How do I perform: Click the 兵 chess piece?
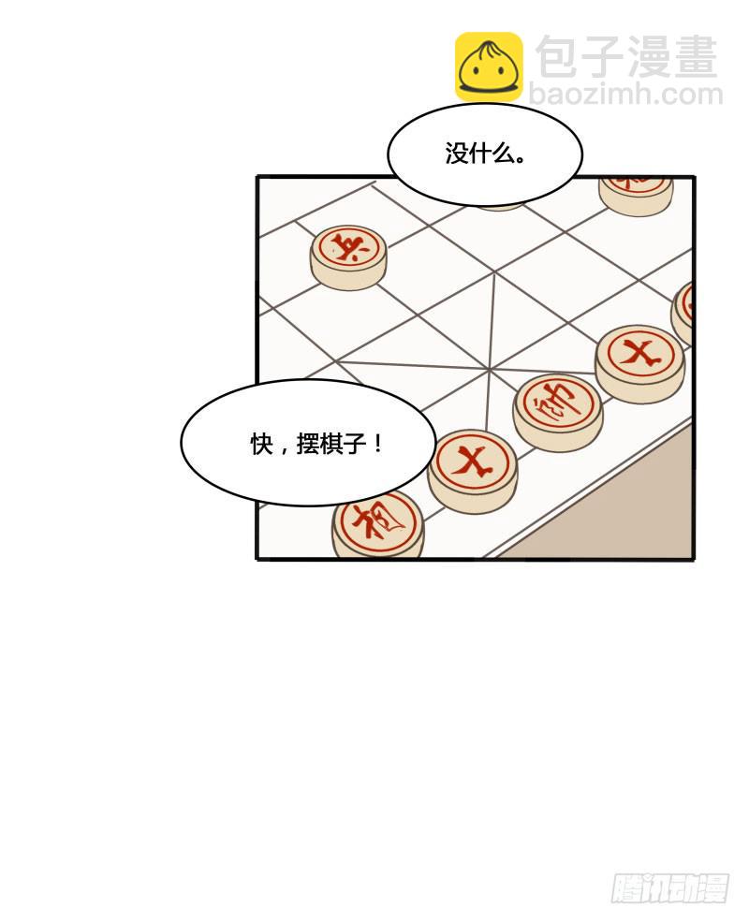pos(348,251)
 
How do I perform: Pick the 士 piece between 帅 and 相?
pos(473,464)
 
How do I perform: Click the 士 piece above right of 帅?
pos(640,357)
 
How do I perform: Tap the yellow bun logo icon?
pos(489,66)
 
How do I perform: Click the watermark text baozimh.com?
pos(625,95)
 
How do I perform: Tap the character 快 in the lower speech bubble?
pos(261,445)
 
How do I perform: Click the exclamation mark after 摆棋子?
pos(377,445)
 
